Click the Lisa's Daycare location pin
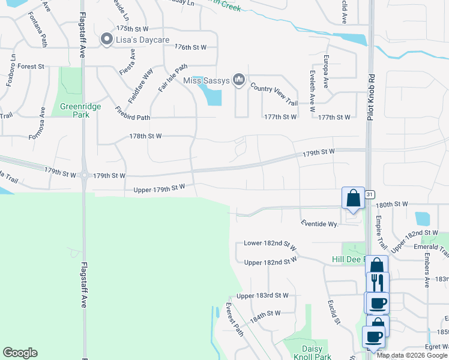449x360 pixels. (107, 40)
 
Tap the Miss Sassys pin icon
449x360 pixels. (240, 79)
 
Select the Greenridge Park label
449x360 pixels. (80, 111)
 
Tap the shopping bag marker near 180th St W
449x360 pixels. (353, 199)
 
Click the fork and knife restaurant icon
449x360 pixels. (378, 282)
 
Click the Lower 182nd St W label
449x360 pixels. (270, 245)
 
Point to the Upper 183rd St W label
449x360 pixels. (262, 296)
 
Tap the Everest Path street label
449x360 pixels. (234, 320)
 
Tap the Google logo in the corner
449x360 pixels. (20, 353)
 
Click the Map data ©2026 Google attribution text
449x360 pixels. (411, 355)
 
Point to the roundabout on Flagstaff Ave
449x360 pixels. (83, 175)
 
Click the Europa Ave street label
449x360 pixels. (326, 71)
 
